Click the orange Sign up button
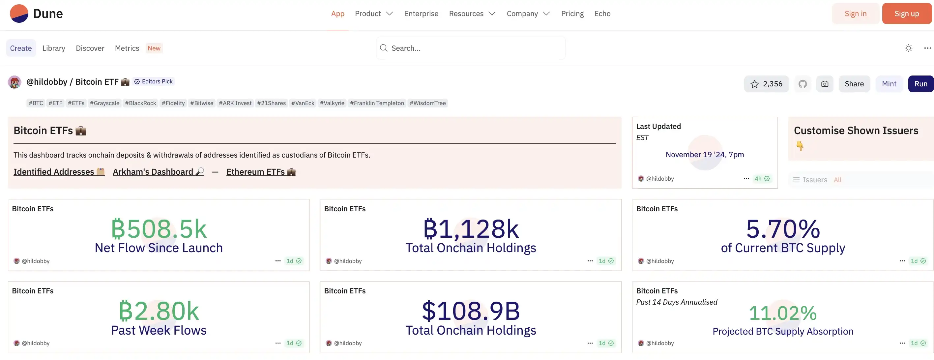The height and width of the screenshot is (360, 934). click(906, 14)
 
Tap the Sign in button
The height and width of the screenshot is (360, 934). click(855, 14)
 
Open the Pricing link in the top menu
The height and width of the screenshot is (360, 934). click(572, 14)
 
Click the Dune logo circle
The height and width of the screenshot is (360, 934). click(19, 14)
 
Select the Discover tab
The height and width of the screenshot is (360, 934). click(90, 48)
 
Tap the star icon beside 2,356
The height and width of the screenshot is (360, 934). click(754, 84)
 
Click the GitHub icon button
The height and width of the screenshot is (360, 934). click(803, 84)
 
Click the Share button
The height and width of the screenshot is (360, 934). click(854, 84)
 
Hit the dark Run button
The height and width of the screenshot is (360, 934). click(920, 84)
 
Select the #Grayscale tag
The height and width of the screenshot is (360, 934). click(104, 103)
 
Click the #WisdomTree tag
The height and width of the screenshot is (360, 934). click(427, 103)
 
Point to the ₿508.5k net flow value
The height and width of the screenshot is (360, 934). click(159, 229)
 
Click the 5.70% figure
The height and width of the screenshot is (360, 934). click(783, 229)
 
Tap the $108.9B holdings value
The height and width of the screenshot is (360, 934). click(471, 311)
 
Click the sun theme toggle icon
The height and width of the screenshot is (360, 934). click(908, 48)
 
